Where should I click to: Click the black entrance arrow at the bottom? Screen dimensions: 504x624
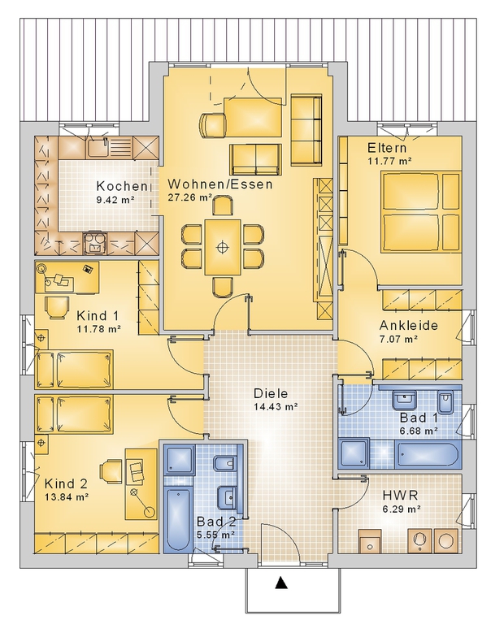pos(281,583)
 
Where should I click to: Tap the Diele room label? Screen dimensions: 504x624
pos(271,393)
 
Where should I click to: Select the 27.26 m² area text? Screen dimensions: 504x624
pos(190,197)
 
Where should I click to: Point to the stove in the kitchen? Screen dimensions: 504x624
pos(95,243)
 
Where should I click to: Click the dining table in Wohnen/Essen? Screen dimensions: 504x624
pos(223,247)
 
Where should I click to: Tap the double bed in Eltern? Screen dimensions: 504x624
pos(421,211)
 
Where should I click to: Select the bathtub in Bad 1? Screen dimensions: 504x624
pos(428,453)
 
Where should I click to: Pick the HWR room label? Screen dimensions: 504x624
pos(400,496)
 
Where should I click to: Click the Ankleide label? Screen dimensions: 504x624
pos(408,326)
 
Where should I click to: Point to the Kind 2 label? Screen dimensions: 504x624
pos(66,484)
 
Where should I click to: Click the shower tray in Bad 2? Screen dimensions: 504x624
pos(180,460)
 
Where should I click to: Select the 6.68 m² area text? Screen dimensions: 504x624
pos(419,431)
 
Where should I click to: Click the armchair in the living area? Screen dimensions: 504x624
pos(212,124)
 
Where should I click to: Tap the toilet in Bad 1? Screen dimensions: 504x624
pos(445,402)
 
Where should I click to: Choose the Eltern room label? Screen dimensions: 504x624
pos(387,148)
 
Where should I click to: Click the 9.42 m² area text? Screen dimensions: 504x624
pos(115,200)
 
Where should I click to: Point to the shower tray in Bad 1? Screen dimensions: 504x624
pos(354,453)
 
